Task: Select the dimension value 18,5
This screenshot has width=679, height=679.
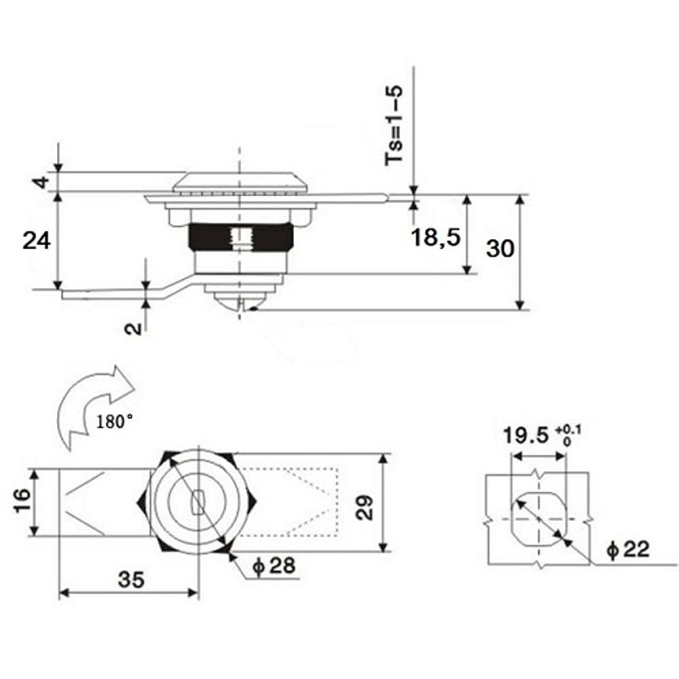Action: point(436,237)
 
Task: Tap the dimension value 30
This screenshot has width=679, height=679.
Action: point(500,249)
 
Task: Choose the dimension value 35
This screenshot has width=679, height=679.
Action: point(131,579)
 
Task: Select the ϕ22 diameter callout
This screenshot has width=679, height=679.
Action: point(628,550)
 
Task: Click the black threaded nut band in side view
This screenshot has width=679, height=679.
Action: point(240,237)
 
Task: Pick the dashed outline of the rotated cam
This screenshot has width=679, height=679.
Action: point(289,502)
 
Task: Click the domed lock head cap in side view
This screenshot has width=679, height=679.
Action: point(239,181)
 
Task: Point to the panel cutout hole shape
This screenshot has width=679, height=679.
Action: point(538,519)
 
